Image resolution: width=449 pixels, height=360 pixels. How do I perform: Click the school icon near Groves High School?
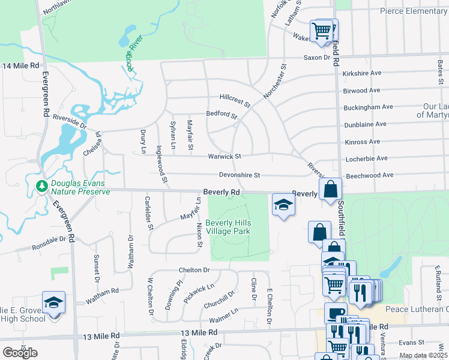pyautogui.click(x=53, y=302)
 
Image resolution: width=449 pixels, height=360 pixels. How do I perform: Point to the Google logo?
pyautogui.click(x=20, y=352)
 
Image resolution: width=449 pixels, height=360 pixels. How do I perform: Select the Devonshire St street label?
pyautogui.click(x=239, y=175)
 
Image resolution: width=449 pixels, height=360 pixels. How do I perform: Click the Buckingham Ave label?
pyautogui.click(x=368, y=107)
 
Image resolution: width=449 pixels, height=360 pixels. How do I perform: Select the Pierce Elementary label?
pyautogui.click(x=413, y=11)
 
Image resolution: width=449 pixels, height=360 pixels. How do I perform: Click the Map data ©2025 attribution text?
pyautogui.click(x=423, y=355)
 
